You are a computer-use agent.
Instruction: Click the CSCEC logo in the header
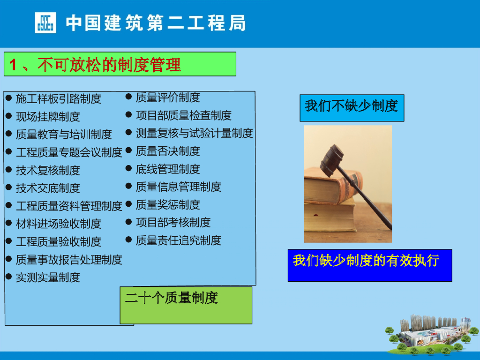(45, 22)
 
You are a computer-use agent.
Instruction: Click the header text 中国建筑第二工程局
(156, 23)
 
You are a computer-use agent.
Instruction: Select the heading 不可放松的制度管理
(109, 65)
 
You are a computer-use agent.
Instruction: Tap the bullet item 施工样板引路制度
(59, 98)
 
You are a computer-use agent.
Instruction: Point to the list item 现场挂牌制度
(48, 117)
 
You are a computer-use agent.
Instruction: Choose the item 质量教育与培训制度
(64, 135)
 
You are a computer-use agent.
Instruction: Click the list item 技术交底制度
(48, 188)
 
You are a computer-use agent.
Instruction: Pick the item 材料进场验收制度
(59, 224)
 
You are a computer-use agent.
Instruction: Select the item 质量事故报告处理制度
(69, 260)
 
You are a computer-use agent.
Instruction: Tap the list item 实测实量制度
(48, 277)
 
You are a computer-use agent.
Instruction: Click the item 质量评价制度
(168, 97)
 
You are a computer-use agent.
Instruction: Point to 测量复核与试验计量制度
(195, 133)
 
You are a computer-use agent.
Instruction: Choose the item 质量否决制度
(168, 151)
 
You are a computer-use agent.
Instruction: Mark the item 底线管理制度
(168, 169)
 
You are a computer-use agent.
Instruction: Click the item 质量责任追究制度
(179, 240)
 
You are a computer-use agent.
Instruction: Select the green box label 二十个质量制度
(172, 298)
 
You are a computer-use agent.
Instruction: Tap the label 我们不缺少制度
(352, 106)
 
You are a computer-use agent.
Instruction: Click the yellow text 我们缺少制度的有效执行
(367, 261)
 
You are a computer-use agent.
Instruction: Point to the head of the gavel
(331, 160)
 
